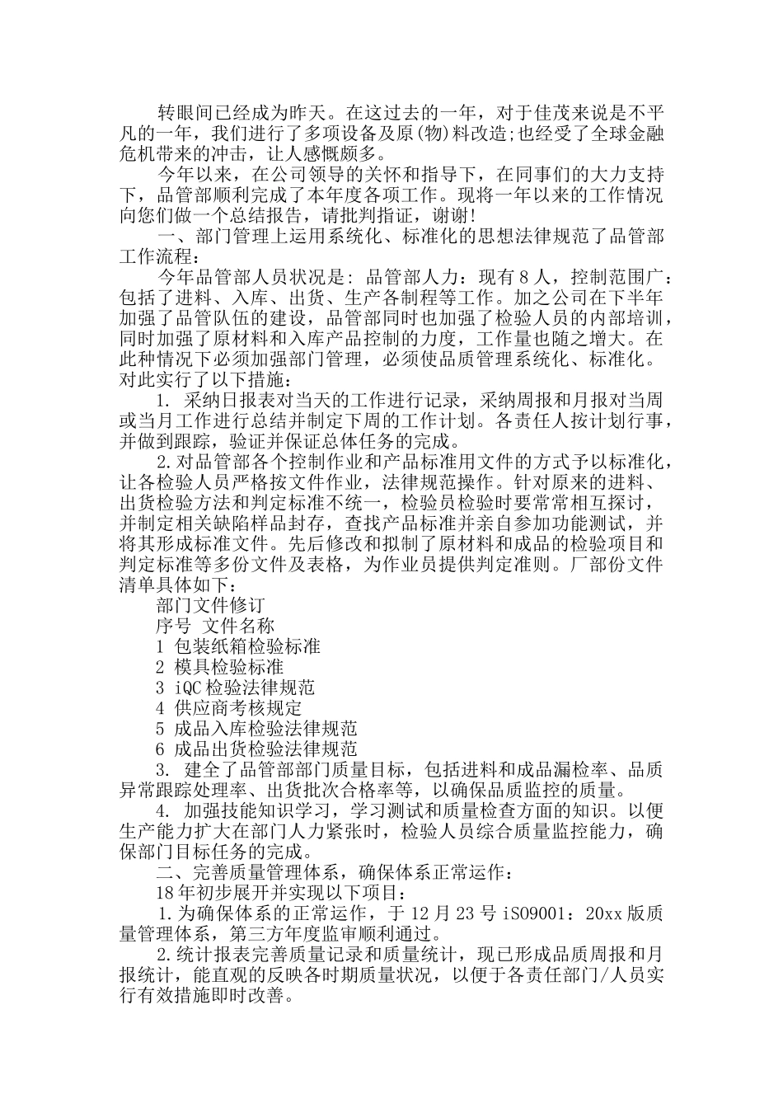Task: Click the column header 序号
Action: click(173, 627)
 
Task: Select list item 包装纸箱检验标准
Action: click(248, 647)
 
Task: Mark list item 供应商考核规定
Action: click(239, 708)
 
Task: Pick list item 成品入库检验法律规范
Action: click(266, 729)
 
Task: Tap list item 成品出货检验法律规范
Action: click(266, 749)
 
